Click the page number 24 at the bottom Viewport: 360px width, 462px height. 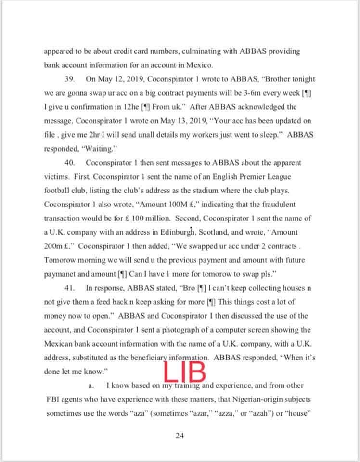click(180, 436)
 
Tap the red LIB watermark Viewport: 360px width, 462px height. click(185, 372)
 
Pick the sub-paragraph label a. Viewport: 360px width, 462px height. click(90, 385)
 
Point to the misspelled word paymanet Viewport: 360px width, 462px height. click(61, 274)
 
